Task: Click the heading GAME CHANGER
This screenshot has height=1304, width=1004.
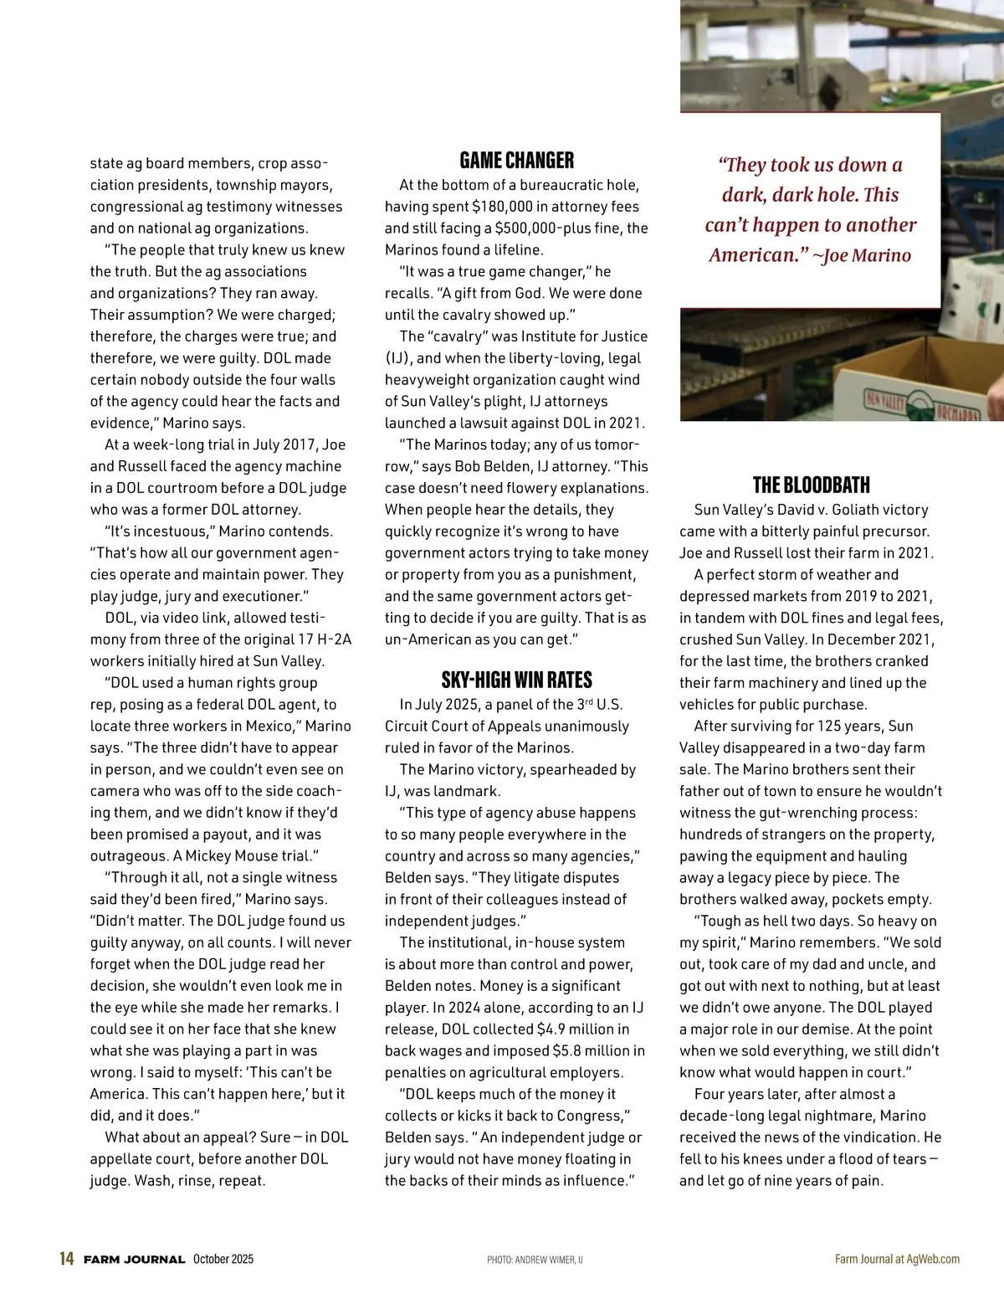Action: (x=517, y=160)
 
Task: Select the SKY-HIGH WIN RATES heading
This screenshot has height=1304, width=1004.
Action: (x=517, y=680)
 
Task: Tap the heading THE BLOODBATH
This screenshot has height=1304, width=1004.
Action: (x=811, y=485)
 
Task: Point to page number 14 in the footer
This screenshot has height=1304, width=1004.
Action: (x=67, y=1259)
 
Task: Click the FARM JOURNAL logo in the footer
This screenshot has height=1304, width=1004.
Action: (x=134, y=1260)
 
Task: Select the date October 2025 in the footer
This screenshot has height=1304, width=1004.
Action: (x=223, y=1259)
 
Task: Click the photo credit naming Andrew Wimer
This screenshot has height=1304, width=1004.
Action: (x=535, y=1260)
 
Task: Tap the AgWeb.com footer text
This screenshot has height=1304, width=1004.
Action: (x=933, y=1259)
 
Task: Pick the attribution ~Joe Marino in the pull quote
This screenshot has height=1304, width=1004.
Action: (x=862, y=255)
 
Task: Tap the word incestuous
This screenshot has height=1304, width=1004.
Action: (x=164, y=531)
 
